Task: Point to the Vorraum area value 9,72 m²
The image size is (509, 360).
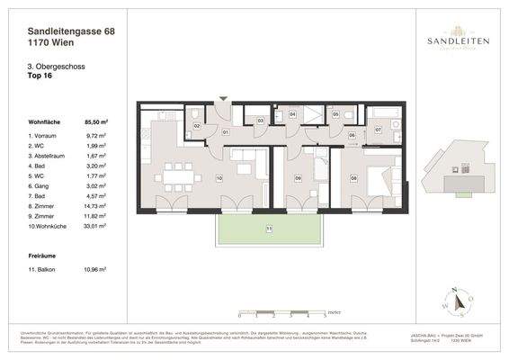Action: pyautogui.click(x=97, y=134)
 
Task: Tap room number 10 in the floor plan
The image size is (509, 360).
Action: pyautogui.click(x=219, y=178)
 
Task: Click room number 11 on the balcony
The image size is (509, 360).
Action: pyautogui.click(x=267, y=229)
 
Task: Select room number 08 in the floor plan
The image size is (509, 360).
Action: pyautogui.click(x=353, y=178)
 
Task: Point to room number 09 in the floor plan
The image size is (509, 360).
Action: pyautogui.click(x=298, y=178)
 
